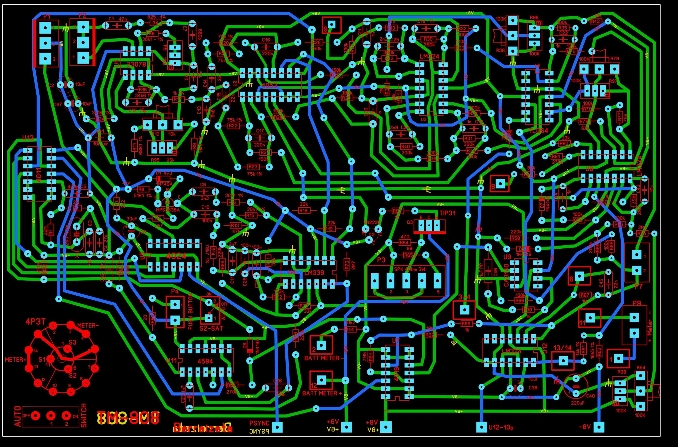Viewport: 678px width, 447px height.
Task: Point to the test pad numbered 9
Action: click(x=331, y=24)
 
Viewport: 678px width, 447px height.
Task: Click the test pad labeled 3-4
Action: click(x=464, y=310)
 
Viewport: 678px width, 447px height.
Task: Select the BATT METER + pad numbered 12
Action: click(x=321, y=380)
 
